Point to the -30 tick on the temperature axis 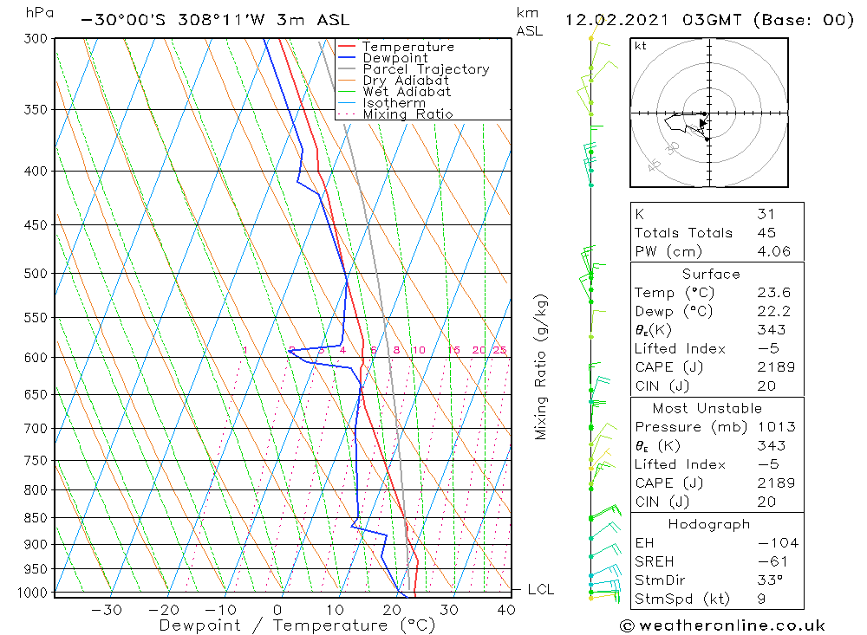pos(107,610)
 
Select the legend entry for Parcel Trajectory pos(426,69)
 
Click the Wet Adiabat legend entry pos(407,92)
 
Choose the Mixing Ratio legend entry pos(407,114)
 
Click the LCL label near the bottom pos(541,590)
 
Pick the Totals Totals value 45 pos(766,232)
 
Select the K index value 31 pos(766,214)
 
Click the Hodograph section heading pos(710,525)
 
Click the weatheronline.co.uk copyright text pos(722,625)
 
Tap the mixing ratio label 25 pos(499,350)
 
